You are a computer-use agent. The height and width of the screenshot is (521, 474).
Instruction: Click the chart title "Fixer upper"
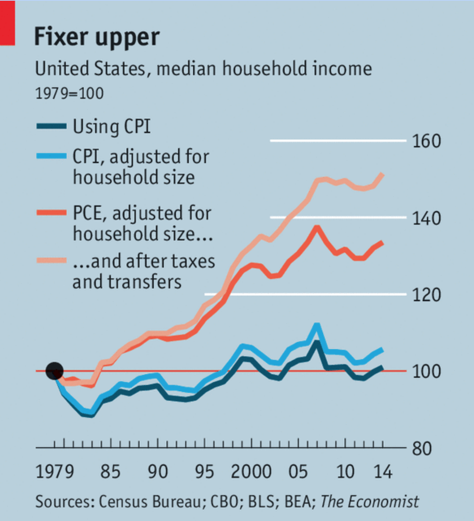[x=97, y=37]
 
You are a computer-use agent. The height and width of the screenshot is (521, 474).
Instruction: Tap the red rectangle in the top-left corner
[x=7, y=23]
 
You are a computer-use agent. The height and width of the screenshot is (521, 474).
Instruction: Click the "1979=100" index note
[x=69, y=94]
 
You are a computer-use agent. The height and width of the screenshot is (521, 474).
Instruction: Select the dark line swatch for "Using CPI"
[x=51, y=126]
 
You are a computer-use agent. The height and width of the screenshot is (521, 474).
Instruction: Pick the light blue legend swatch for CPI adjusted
[x=51, y=156]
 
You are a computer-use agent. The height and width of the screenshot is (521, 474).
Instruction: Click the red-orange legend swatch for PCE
[x=51, y=213]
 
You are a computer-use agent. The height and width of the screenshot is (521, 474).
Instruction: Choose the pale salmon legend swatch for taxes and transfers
[x=51, y=260]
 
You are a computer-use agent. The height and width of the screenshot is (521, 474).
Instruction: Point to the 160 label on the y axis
[x=426, y=141]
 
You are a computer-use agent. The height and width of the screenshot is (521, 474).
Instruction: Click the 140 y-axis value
[x=426, y=218]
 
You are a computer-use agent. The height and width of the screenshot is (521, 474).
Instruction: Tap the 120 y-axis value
[x=426, y=295]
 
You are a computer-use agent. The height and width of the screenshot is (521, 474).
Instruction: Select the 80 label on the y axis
[x=421, y=449]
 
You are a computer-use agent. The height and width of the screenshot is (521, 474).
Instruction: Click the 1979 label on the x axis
[x=55, y=472]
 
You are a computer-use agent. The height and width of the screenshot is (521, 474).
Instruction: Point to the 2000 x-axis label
[x=251, y=472]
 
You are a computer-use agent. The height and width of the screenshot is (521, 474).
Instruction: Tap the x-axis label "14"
[x=383, y=472]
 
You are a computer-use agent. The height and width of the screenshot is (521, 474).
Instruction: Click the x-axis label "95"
[x=204, y=472]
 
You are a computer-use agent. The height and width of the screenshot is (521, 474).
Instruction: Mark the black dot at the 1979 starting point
[x=55, y=371]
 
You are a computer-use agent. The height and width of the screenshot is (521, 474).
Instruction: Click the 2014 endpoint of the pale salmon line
[x=382, y=175]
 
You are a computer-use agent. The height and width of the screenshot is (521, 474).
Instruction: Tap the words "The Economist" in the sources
[x=369, y=502]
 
